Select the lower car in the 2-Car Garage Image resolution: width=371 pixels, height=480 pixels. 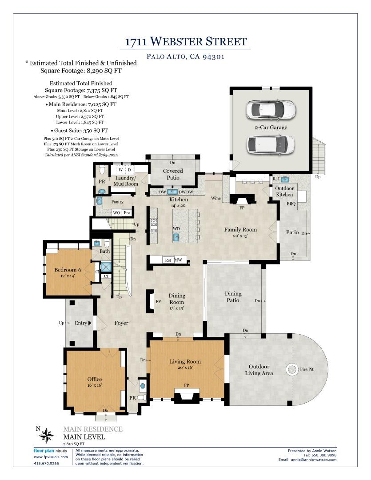coord(270,144)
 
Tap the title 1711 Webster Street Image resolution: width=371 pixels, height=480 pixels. coord(186,42)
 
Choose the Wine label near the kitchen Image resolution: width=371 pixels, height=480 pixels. coord(216,198)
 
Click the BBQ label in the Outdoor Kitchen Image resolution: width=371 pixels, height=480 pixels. coord(291,204)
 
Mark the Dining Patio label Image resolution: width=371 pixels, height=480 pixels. coord(233,297)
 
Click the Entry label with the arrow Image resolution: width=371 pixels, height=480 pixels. coord(83,323)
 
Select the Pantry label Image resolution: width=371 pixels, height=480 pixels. coord(117,202)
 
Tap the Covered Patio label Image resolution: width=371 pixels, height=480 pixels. coord(173,174)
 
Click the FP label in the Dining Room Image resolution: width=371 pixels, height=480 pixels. coord(158,301)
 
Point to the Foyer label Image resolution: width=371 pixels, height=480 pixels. coord(121,323)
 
